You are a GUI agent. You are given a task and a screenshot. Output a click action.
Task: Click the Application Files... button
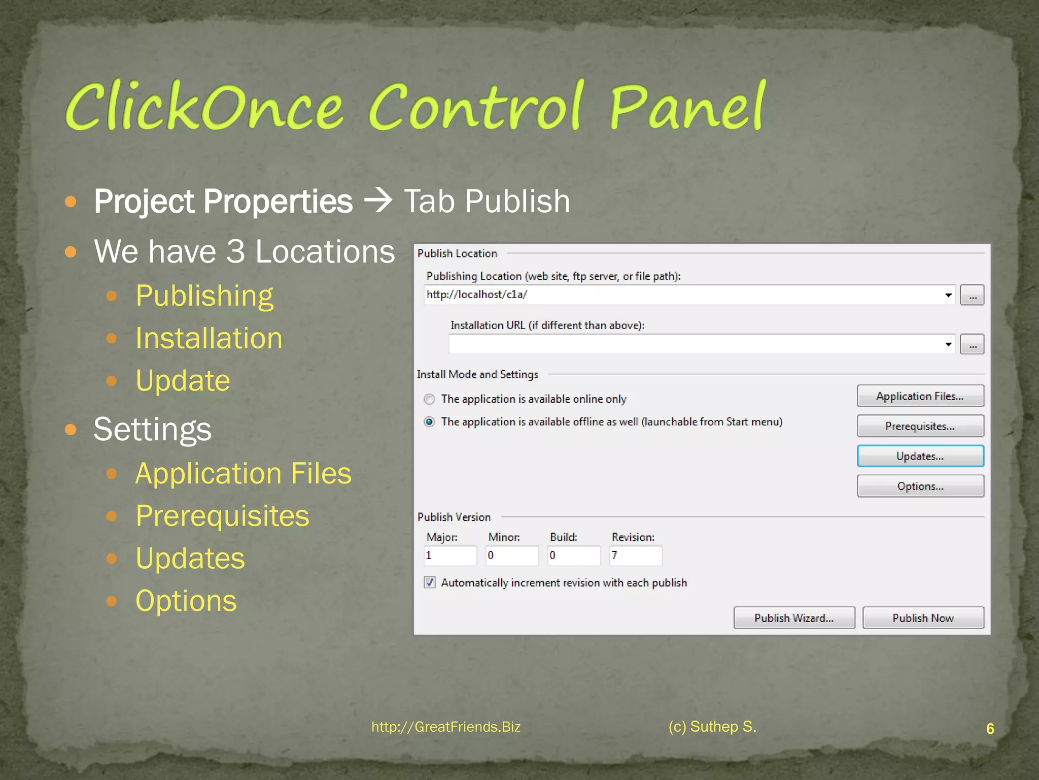(x=920, y=396)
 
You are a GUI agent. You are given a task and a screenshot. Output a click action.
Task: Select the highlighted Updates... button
(x=920, y=456)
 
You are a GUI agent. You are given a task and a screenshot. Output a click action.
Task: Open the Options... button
(x=920, y=486)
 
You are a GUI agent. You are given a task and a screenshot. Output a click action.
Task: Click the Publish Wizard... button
(x=794, y=618)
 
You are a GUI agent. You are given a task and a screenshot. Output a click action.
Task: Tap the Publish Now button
(x=923, y=618)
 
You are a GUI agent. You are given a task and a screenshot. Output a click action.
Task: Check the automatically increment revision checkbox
(x=430, y=582)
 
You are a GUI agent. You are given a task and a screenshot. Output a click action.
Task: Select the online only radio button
(x=429, y=399)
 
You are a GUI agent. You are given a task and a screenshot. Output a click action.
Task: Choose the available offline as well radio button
(x=429, y=422)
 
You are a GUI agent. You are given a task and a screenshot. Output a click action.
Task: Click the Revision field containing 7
(x=636, y=556)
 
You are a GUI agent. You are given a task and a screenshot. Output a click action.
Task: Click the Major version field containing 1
(x=450, y=556)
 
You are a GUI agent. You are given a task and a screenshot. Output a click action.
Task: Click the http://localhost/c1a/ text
(x=477, y=295)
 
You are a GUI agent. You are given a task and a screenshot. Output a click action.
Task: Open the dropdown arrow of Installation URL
(x=948, y=344)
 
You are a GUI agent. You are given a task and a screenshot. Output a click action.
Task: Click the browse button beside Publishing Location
(x=972, y=296)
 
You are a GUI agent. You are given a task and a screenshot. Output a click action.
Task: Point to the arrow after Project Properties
(x=378, y=201)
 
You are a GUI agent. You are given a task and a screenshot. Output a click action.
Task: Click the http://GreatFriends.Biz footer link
(x=446, y=727)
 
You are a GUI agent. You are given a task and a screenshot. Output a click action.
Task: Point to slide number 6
(x=990, y=729)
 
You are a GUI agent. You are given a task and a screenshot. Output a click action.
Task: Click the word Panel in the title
(x=687, y=107)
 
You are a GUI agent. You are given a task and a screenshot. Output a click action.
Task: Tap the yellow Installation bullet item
(x=209, y=338)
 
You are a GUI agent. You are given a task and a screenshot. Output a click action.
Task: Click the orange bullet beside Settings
(x=71, y=430)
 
